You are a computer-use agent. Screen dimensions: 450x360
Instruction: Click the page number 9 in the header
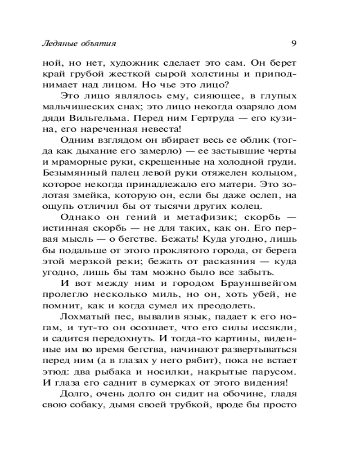[293, 44]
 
